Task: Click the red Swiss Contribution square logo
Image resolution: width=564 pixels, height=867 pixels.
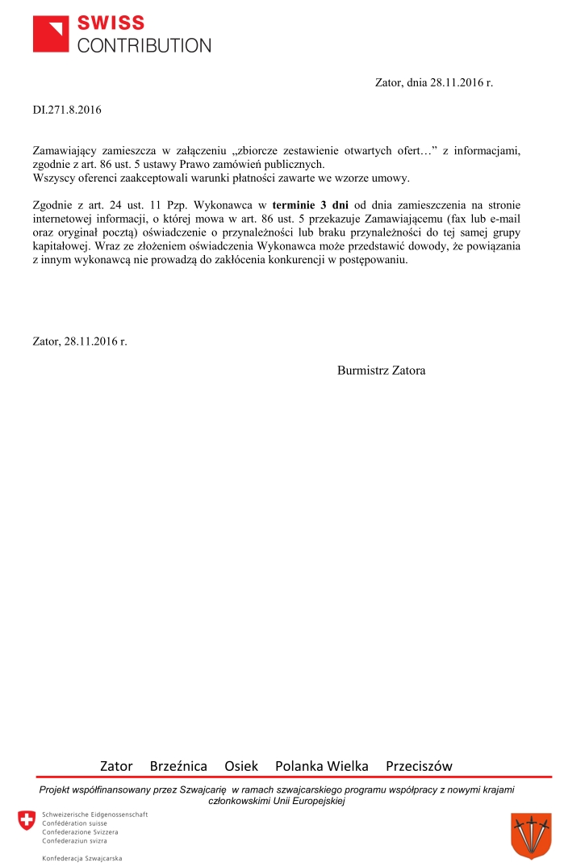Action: click(51, 33)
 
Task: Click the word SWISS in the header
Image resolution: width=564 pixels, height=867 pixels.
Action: click(111, 23)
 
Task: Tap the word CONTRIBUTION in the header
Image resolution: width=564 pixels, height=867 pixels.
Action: click(144, 45)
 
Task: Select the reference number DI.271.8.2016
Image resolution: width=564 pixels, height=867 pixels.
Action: click(67, 109)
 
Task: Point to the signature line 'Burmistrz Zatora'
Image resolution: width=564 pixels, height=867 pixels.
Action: click(381, 371)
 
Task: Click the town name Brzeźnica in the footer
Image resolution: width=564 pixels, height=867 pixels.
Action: click(178, 765)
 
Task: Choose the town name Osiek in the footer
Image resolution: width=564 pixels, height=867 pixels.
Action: click(241, 765)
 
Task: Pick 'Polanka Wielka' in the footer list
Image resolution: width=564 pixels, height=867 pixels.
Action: click(322, 765)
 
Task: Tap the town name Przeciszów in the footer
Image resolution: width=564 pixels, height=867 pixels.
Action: click(419, 765)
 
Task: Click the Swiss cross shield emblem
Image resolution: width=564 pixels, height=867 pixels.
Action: click(27, 821)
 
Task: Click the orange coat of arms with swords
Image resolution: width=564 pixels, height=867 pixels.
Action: click(531, 836)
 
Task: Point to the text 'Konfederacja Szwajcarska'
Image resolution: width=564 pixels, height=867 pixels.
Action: click(82, 857)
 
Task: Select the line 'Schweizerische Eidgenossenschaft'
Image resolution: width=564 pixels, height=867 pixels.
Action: click(95, 815)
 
